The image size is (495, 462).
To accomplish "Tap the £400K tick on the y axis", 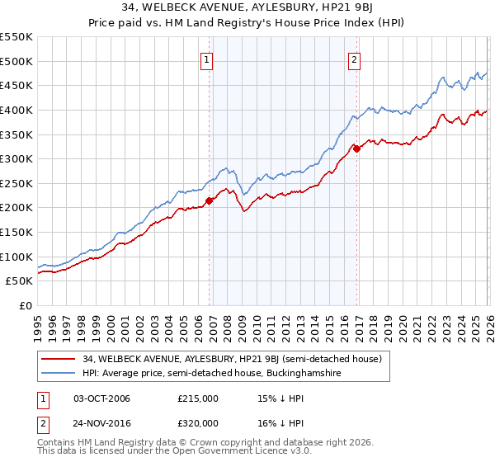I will coord(16,110).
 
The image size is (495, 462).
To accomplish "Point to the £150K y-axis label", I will coord(16,232).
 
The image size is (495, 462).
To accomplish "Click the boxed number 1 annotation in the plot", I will coord(206,59).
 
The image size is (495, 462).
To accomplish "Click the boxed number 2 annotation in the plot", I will coord(354,59).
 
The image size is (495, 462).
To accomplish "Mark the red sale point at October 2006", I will coord(209,200).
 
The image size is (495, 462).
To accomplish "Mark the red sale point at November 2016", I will coord(356,148).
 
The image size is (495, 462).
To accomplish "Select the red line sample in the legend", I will coord(59,359).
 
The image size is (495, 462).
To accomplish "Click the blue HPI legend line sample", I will coord(59,374).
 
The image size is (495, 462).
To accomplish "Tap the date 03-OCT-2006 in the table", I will coord(101,398).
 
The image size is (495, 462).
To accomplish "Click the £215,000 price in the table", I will coord(197,398).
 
